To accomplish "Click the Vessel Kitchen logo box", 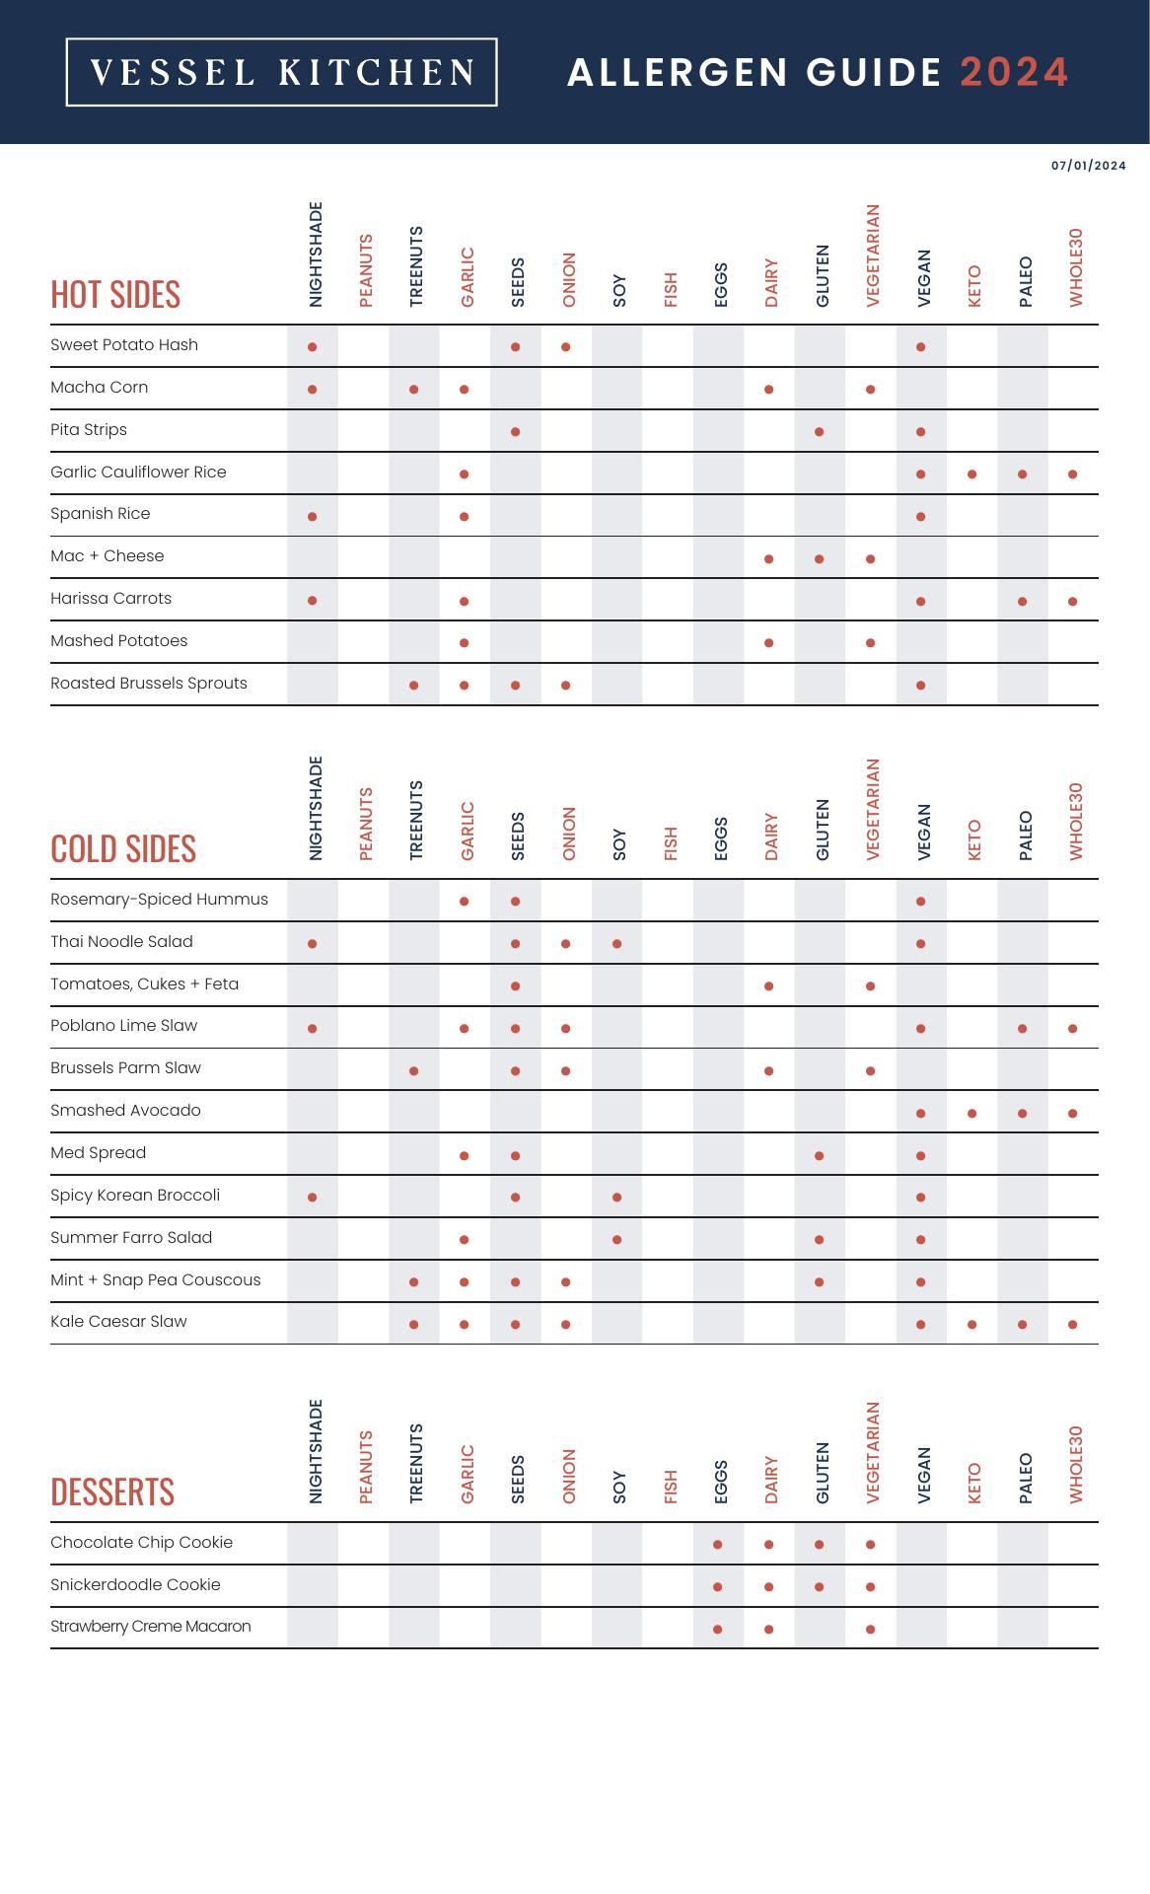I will [281, 72].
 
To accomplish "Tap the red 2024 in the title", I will [1014, 72].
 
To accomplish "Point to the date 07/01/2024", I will [1088, 166].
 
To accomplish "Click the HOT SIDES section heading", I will [115, 295].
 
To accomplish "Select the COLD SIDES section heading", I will [123, 849].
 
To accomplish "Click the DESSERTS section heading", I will [112, 1492].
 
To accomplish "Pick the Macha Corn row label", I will [100, 388].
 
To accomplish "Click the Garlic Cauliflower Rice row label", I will [138, 473].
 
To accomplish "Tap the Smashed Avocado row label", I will [125, 1111].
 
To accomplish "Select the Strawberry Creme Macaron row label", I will [151, 1627].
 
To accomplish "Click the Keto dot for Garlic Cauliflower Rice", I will [971, 474].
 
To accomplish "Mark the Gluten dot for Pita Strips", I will [820, 432].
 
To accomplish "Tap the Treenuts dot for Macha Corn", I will [414, 390].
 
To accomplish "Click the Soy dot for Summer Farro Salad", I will [616, 1240].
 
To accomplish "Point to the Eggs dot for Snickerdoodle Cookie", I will [718, 1587].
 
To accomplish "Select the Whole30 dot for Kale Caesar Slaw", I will [1072, 1325].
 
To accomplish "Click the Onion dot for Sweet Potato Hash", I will [566, 347].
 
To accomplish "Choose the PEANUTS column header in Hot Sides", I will [366, 269].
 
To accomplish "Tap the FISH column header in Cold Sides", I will [671, 843].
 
